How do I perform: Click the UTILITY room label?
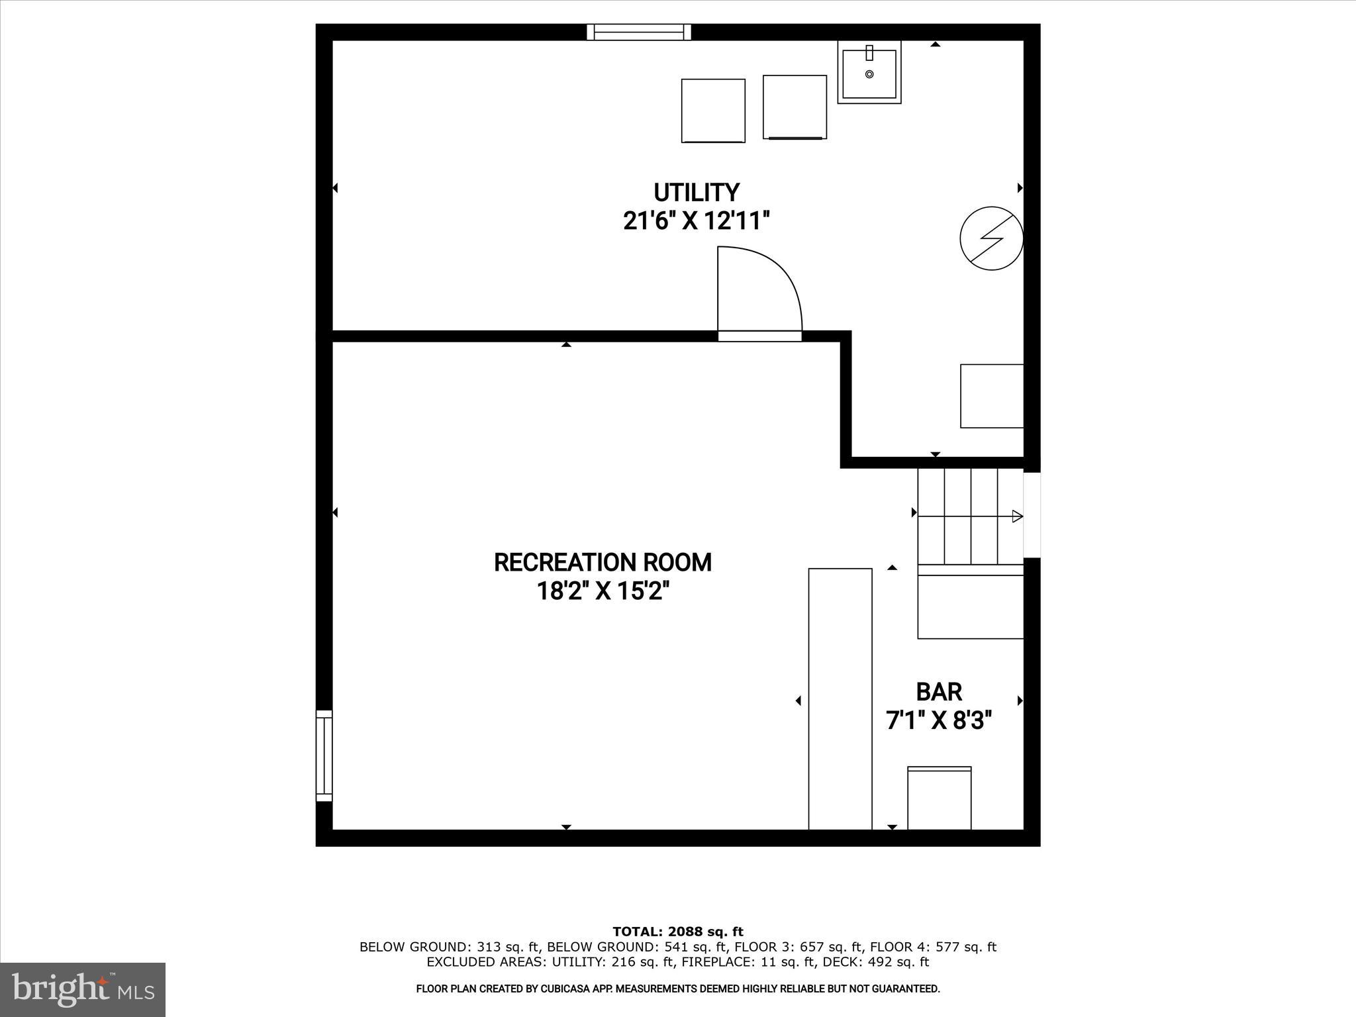(696, 193)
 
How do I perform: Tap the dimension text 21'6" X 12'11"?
(696, 220)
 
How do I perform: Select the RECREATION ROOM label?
(603, 562)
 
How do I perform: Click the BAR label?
(939, 692)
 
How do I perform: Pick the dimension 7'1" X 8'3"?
(939, 720)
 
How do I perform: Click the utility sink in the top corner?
(869, 72)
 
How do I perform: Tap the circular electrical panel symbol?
(991, 238)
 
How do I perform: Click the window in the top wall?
(639, 32)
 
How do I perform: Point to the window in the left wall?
(324, 755)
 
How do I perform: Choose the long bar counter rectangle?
(840, 699)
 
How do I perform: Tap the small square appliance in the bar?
(939, 798)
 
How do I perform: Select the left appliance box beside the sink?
(713, 111)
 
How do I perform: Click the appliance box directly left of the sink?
(795, 107)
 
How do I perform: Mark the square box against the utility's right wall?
(992, 396)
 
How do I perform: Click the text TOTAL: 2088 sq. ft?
(678, 932)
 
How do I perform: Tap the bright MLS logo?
(83, 989)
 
